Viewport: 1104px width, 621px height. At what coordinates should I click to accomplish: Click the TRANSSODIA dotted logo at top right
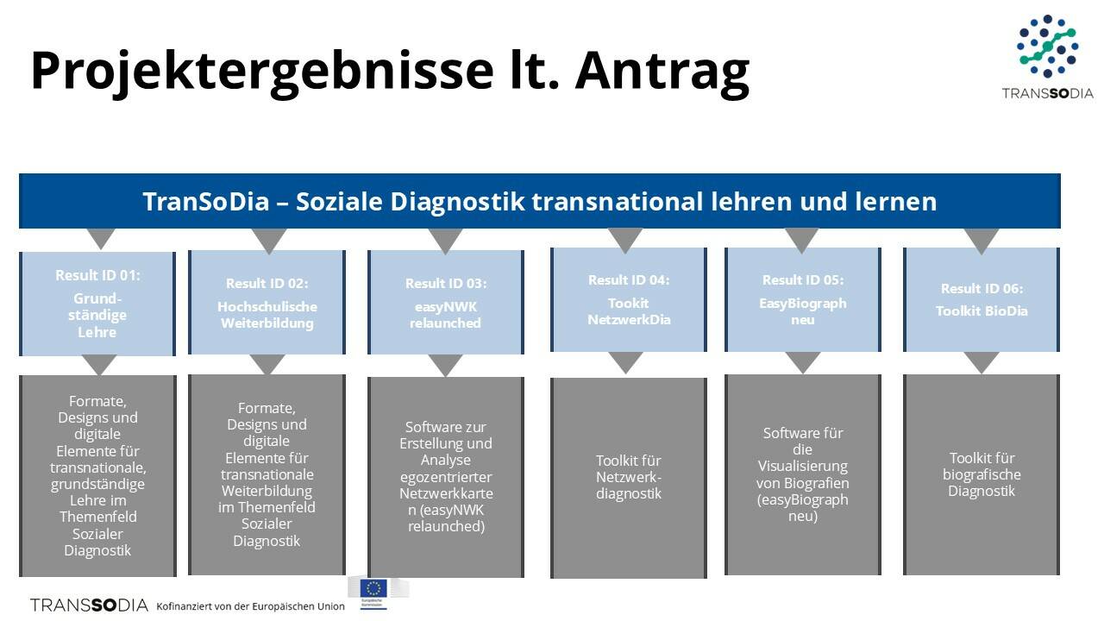(x=1047, y=57)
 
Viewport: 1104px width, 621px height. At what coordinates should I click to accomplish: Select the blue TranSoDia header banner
(x=540, y=201)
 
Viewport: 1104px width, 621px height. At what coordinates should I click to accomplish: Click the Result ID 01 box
(x=97, y=304)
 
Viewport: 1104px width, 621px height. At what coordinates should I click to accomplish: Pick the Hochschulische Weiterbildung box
(x=267, y=302)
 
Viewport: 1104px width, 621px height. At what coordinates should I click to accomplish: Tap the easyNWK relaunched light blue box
(x=446, y=302)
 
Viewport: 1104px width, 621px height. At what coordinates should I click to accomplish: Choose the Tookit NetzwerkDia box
(x=629, y=299)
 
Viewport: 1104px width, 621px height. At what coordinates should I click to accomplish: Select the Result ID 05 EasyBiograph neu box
(x=803, y=299)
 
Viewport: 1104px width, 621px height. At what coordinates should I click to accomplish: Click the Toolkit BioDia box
(x=982, y=299)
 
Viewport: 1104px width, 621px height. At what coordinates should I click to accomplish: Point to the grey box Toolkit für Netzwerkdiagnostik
(x=629, y=478)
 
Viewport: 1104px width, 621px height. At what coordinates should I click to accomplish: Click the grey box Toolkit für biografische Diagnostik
(x=982, y=474)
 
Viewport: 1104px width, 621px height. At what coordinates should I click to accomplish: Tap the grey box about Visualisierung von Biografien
(x=803, y=474)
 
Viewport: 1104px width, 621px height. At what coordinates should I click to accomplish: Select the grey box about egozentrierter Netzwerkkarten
(x=446, y=477)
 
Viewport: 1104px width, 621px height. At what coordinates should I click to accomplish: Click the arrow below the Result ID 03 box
(x=445, y=365)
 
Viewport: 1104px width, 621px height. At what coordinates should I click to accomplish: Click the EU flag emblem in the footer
(x=373, y=589)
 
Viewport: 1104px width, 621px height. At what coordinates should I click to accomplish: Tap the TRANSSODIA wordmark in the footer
(x=89, y=605)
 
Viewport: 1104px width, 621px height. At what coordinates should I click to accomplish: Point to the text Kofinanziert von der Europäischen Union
(x=250, y=606)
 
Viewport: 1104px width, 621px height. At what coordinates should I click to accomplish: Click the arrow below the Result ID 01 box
(x=99, y=365)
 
